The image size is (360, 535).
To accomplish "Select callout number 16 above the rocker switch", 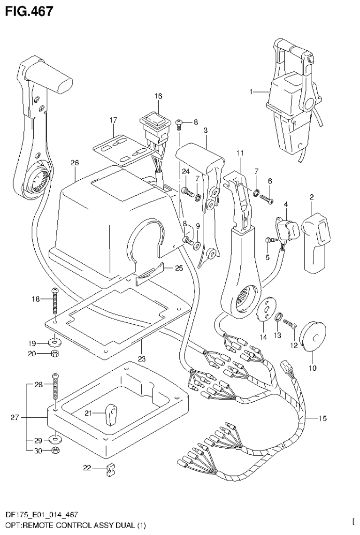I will tap(158, 96).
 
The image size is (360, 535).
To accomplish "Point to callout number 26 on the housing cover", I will tap(75, 163).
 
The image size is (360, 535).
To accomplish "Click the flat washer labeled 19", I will tap(55, 340).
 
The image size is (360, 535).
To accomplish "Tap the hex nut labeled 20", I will tap(55, 353).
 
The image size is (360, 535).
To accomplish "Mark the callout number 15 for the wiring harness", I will tap(322, 418).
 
